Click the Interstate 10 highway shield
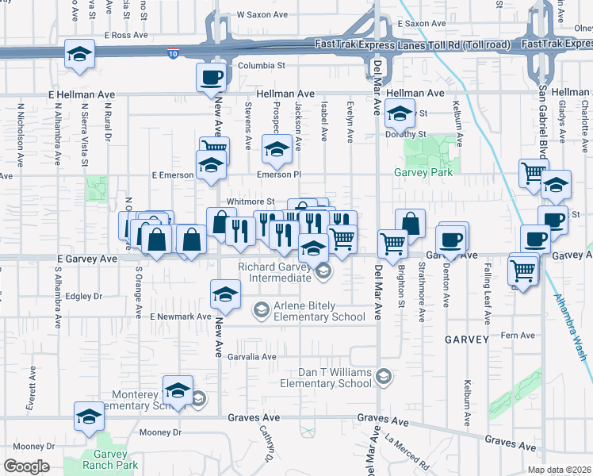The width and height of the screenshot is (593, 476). [174, 53]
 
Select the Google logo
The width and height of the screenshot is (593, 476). [26, 466]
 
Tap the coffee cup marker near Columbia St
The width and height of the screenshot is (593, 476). [212, 78]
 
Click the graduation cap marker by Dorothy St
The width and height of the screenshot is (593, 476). [400, 114]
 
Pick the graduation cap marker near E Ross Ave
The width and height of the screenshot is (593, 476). [79, 54]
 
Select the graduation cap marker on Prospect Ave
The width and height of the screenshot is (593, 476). [277, 149]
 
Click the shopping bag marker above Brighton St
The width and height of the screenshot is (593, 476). [410, 224]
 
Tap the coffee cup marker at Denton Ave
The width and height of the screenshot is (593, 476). [451, 239]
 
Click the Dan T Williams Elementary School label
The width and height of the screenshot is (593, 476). [326, 378]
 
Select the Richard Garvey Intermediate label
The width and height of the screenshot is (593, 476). [269, 273]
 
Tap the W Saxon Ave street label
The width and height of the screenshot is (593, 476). [262, 15]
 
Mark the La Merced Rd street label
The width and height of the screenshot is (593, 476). [407, 451]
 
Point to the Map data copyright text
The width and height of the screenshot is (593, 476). [565, 470]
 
